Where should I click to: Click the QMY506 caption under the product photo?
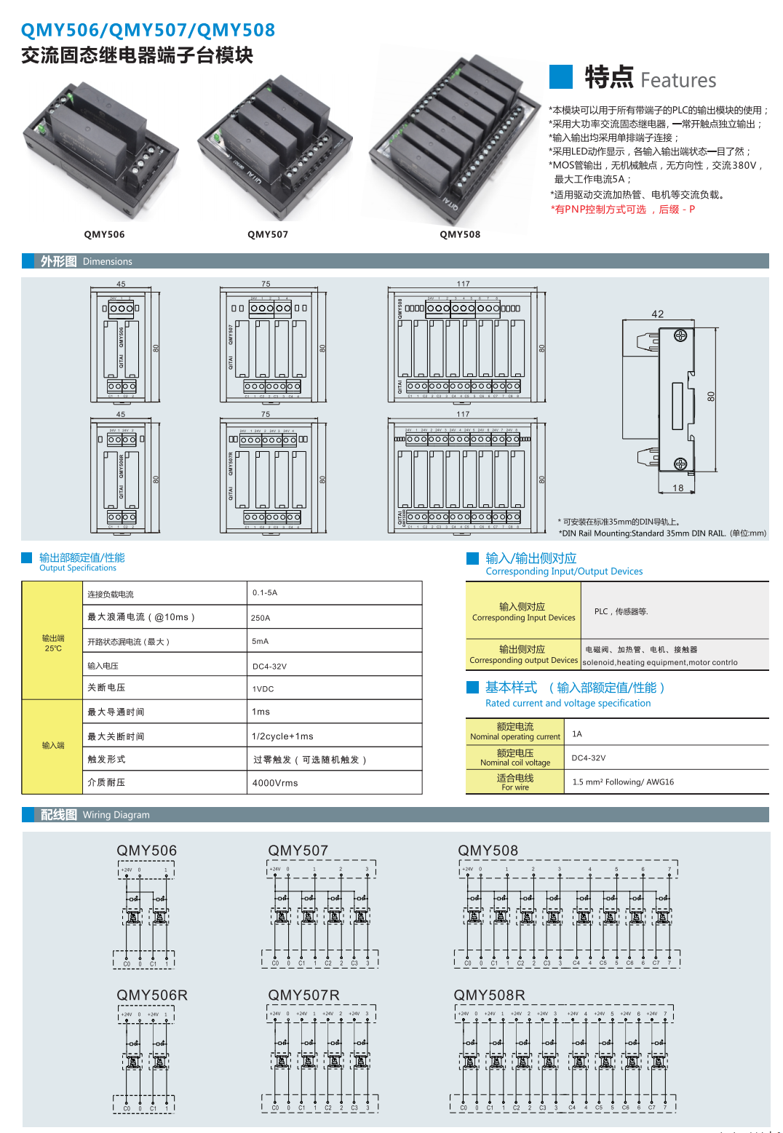(104, 234)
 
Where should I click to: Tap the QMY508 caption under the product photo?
(460, 234)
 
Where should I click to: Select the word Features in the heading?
(678, 80)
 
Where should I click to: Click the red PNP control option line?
(623, 210)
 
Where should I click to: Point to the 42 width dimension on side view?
(658, 314)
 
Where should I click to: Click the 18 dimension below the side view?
(678, 488)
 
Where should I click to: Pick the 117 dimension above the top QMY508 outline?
(464, 284)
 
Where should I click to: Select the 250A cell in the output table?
(261, 618)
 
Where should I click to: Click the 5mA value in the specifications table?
(261, 642)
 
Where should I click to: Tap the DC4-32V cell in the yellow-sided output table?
(269, 666)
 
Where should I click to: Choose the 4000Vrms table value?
(275, 783)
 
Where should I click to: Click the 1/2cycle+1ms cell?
(282, 736)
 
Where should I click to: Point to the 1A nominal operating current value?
(577, 734)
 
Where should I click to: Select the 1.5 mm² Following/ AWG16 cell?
(623, 782)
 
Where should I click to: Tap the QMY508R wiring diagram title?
(489, 995)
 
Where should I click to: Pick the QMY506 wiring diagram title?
(147, 851)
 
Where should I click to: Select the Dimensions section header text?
(108, 261)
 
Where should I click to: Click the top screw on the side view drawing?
(680, 335)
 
